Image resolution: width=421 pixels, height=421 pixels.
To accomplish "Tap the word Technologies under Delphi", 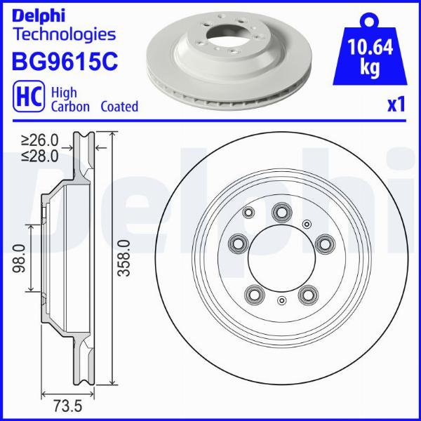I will click(x=64, y=33).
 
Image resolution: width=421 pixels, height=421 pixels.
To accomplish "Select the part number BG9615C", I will click(x=64, y=61).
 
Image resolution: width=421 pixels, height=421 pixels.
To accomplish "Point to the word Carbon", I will click(x=70, y=107).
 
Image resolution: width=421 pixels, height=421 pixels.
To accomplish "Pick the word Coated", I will click(x=119, y=107).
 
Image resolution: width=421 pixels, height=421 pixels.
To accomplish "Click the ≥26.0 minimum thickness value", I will click(x=40, y=141).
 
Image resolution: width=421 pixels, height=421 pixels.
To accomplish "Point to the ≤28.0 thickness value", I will click(x=40, y=156).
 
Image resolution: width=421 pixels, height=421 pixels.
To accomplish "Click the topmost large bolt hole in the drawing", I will click(x=282, y=210).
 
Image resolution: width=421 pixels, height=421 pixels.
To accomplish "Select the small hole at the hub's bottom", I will click(x=281, y=301).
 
